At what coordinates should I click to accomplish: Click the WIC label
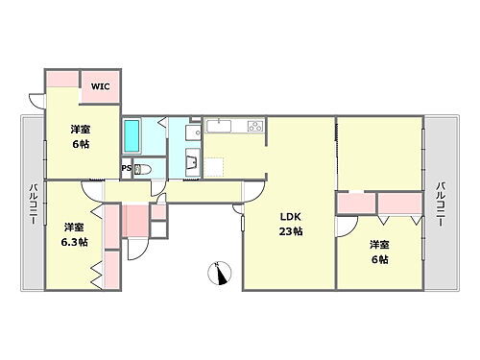[x=100, y=86]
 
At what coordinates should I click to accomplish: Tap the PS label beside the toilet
[x=126, y=169]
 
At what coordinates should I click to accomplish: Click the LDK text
[x=290, y=216]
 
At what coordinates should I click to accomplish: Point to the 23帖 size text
[x=291, y=231]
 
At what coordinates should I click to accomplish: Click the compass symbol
[x=220, y=273]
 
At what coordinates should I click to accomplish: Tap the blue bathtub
[x=132, y=135]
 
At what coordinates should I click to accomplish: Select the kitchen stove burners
[x=254, y=127]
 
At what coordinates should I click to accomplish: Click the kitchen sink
[x=219, y=125]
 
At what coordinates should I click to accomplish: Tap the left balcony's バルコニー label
[x=32, y=204]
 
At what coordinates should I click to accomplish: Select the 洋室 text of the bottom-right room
[x=379, y=244]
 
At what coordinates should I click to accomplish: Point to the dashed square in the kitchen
[x=214, y=165]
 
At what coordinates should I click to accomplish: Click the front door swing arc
[x=137, y=247]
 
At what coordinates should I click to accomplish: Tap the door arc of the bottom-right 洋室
[x=344, y=228]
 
